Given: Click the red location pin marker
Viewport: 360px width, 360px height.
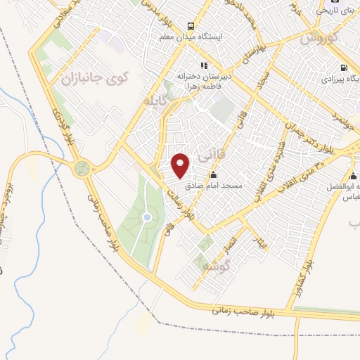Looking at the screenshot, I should pos(181,165).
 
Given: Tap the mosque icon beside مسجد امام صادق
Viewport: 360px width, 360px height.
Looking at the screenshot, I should pos(214,175).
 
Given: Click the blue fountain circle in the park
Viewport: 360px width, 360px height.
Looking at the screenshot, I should pos(147,217).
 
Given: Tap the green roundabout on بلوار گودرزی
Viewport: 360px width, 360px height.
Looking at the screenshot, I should pos(83,169).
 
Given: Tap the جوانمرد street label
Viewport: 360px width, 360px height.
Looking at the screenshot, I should pos(341,121).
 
